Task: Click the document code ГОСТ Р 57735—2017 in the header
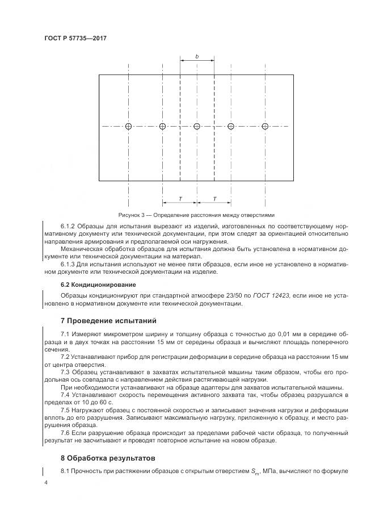pos(75,38)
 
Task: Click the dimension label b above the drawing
pos(197,57)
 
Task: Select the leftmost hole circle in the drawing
pos(129,126)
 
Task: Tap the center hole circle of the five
pos(197,126)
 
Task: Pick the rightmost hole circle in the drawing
pos(265,126)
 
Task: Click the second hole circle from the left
pos(163,126)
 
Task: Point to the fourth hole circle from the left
pos(231,126)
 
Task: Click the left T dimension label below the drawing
pos(180,198)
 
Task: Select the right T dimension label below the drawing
pos(214,198)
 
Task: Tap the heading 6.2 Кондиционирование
pos(98,284)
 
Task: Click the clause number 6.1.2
pos(69,226)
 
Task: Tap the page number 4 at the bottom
pos(45,482)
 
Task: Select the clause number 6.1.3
pos(69,264)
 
